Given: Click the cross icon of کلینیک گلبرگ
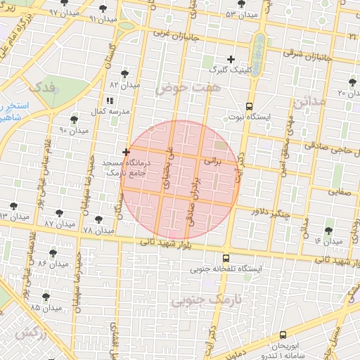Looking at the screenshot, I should pyautogui.click(x=230, y=59).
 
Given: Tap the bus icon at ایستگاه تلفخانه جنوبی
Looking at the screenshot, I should pyautogui.click(x=225, y=258).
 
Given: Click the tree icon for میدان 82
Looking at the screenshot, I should pyautogui.click(x=124, y=74).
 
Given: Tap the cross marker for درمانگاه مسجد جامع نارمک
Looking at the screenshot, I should pyautogui.click(x=126, y=152).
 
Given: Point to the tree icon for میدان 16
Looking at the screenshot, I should pyautogui.click(x=329, y=230).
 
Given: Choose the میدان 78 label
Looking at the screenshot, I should pyautogui.click(x=98, y=230).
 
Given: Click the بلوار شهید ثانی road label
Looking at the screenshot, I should pyautogui.click(x=167, y=244).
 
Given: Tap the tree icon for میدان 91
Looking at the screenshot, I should pyautogui.click(x=103, y=8).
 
